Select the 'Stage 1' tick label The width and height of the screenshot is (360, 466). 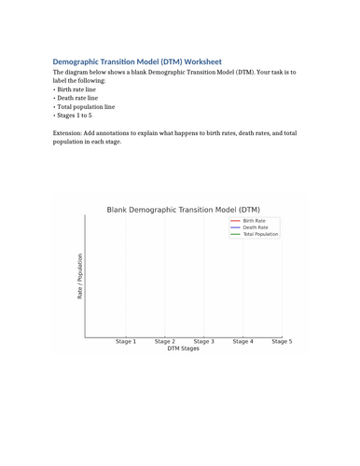pos(126,342)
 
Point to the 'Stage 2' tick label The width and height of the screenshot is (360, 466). pos(165,342)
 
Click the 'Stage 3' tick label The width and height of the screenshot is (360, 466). pos(203,342)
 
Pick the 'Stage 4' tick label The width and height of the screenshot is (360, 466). pos(242,342)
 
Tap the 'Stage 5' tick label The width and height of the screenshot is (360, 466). pos(281,342)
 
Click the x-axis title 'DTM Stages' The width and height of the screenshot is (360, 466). pos(183,349)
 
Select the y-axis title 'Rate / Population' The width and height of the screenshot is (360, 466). pos(80,277)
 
